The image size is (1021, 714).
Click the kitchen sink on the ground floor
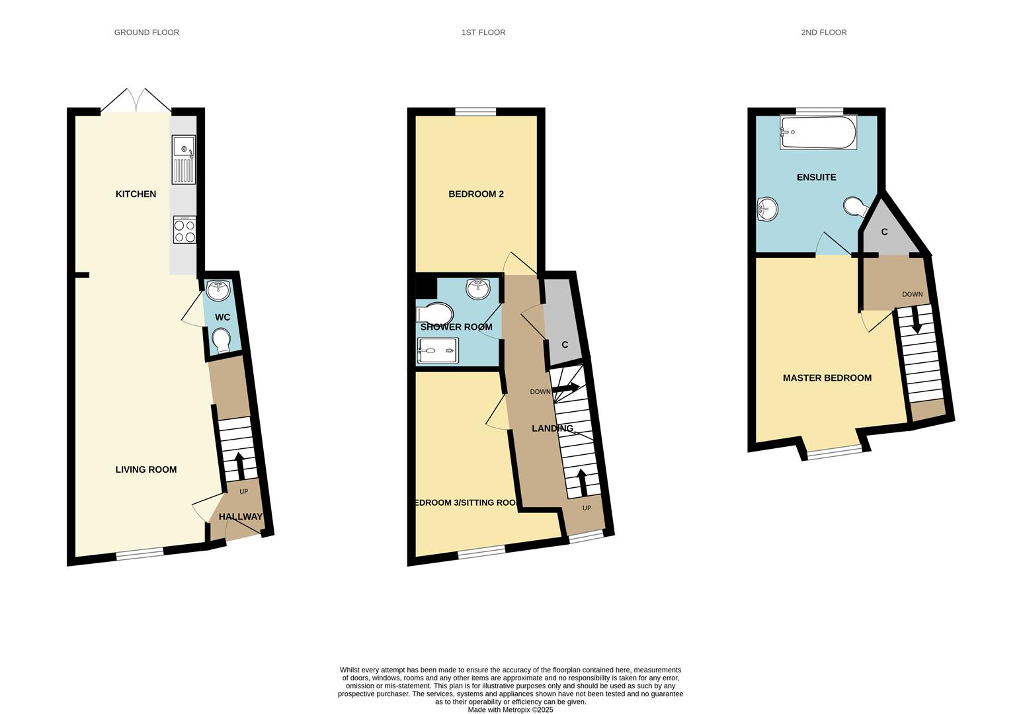point(184,159)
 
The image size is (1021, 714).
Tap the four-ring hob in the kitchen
point(184,229)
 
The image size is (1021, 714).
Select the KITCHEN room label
point(136,194)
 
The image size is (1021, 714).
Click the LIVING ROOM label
point(146,470)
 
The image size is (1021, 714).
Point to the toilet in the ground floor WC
point(222,340)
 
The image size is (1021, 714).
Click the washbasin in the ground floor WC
point(218,290)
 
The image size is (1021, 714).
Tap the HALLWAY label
point(241,517)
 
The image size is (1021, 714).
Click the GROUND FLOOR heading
point(147,32)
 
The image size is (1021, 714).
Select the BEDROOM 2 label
point(476,194)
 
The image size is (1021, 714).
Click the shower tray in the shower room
point(438,350)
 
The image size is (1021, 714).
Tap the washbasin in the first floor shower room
point(478,289)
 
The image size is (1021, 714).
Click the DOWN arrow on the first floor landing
point(565,388)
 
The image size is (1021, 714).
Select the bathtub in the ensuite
point(818,132)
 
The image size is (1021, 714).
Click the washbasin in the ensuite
point(768,209)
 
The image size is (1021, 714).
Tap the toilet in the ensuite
point(855,208)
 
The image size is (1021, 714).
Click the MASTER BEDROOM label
point(827,378)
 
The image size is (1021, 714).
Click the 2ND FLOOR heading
point(824,32)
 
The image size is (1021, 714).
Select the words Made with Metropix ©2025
point(510,709)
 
